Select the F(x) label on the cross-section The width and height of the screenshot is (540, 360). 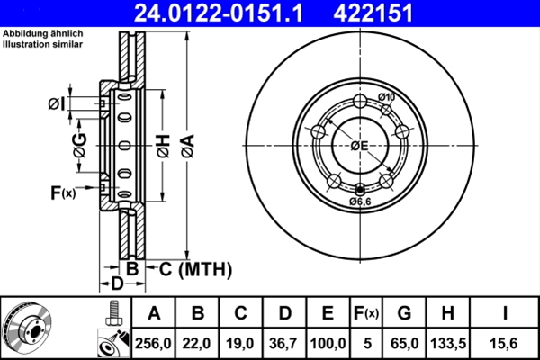[64, 192]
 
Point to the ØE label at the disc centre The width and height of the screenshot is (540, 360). [357, 145]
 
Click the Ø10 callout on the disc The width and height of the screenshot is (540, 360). [388, 97]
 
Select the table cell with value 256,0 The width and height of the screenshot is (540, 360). [154, 343]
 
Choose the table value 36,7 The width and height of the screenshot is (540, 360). [284, 343]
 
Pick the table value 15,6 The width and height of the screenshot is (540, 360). [505, 343]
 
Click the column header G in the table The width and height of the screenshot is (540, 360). [404, 314]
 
